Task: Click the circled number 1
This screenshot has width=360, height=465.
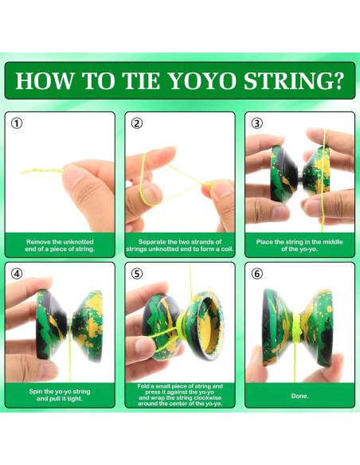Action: pos(17,123)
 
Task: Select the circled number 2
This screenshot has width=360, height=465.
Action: pos(137,123)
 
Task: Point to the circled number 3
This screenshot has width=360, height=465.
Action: pos(256,123)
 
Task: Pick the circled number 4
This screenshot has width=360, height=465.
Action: pos(17,274)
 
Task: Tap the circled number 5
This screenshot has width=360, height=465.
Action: pos(137,274)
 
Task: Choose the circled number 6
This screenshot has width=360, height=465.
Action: pos(256,274)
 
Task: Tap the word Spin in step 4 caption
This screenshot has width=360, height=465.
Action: pos(36,392)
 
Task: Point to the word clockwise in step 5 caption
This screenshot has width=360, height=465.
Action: pos(206,397)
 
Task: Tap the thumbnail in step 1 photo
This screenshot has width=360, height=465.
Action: pos(72,176)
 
